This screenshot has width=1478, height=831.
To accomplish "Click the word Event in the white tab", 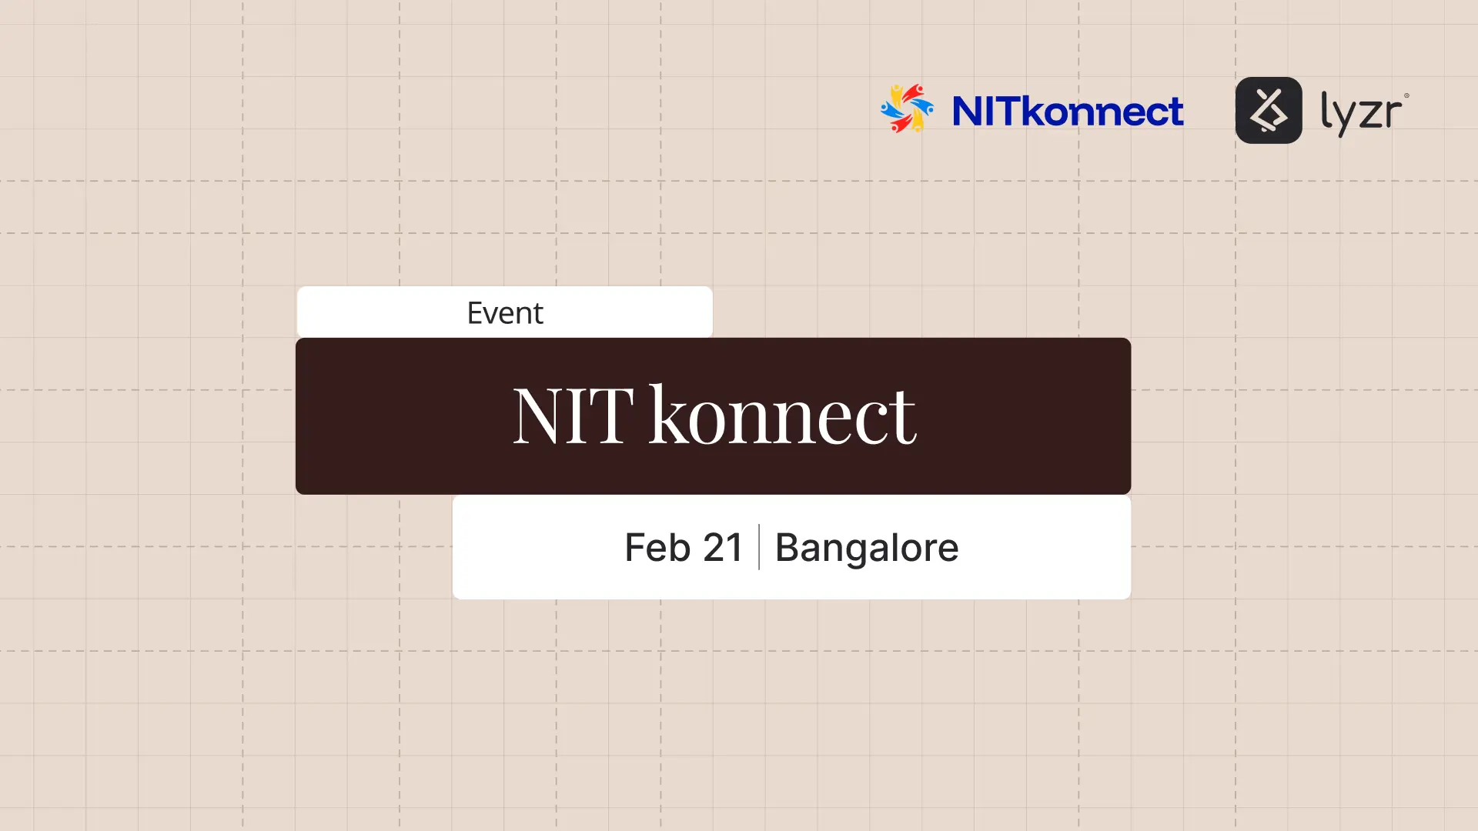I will (505, 313).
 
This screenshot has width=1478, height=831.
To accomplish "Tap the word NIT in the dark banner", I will (573, 415).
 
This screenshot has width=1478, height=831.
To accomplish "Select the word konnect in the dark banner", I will (783, 415).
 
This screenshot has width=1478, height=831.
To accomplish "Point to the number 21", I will (723, 548).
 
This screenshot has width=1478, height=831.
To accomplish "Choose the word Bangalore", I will (867, 548).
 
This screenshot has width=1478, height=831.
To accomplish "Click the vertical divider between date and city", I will (759, 547).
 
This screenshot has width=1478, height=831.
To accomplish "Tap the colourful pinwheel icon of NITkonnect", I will (907, 109).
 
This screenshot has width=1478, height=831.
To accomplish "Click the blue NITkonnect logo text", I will (1068, 112).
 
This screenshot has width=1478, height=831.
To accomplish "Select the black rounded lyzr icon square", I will (1269, 110).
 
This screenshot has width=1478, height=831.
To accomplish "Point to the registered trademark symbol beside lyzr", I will (1406, 96).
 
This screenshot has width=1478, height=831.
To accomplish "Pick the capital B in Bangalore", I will (789, 548).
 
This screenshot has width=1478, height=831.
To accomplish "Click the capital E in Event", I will (476, 313).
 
